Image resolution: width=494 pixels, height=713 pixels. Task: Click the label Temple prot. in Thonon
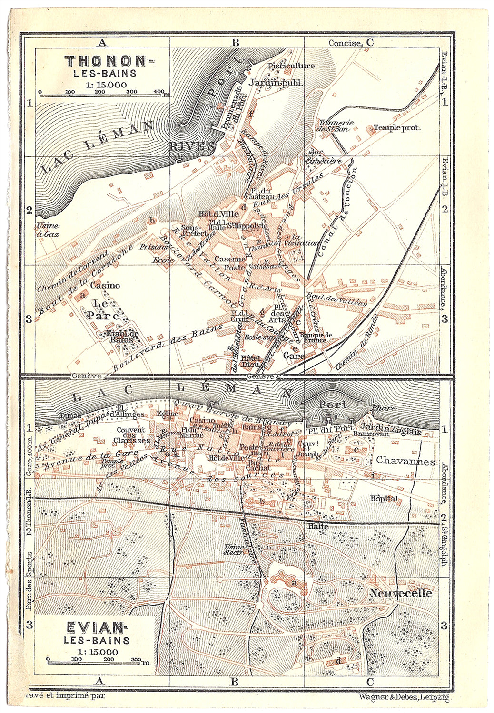397,127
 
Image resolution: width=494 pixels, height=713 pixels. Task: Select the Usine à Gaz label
48,230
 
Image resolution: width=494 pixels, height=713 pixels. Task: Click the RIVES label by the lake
192,146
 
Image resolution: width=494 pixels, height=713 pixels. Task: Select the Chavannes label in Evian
405,461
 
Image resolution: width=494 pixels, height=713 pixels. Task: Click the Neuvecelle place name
401,593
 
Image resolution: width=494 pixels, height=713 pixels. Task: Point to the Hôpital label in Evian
384,499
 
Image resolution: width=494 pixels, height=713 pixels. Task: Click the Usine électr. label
234,549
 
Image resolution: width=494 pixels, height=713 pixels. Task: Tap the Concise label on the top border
345,43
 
